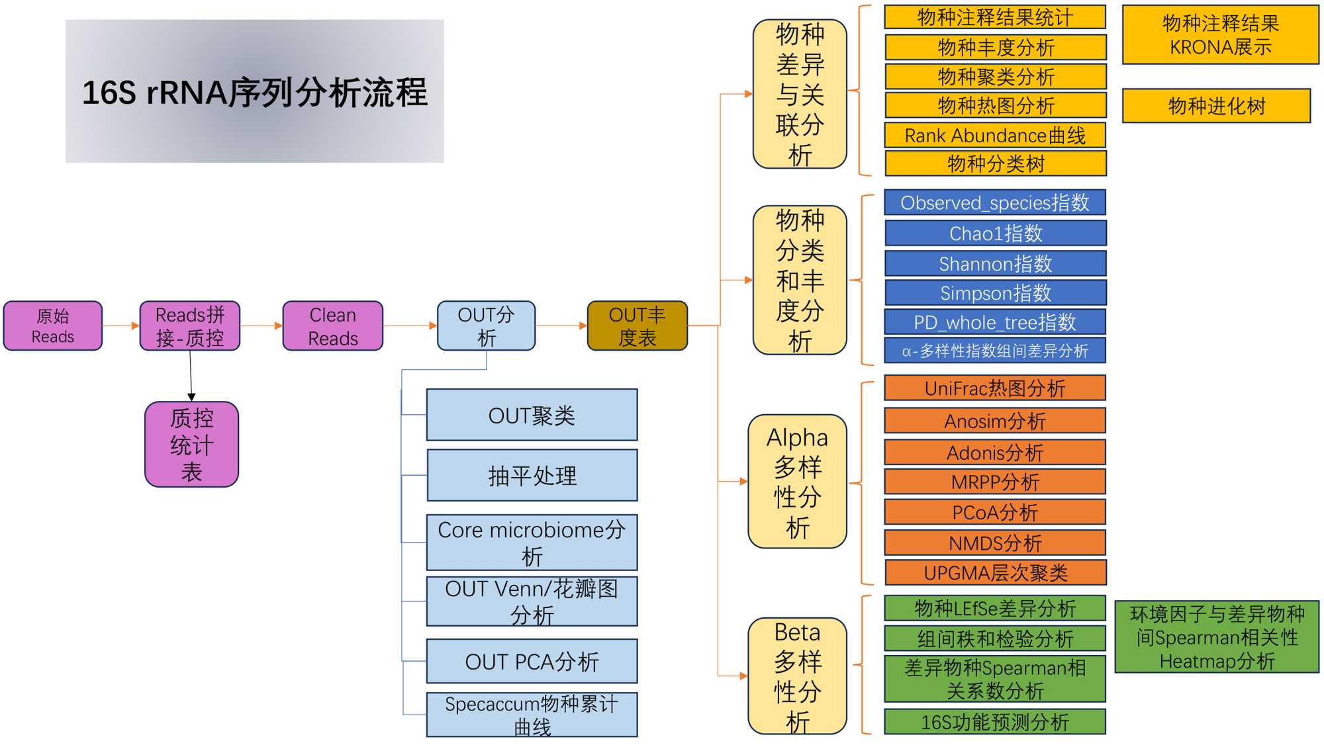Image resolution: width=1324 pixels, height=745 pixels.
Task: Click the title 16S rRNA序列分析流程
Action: pos(255,92)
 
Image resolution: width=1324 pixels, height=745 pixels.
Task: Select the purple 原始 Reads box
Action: pos(53,326)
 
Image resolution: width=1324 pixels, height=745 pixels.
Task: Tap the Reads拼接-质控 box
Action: pos(190,326)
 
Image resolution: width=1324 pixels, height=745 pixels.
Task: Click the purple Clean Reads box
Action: pos(333,326)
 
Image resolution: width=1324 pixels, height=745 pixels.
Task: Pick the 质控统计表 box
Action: pos(192,445)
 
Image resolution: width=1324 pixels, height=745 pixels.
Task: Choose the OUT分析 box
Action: pos(487,326)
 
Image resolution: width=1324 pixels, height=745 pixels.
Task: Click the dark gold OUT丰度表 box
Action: pos(638,326)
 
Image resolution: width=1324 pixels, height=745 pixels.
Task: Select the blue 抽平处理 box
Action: pos(532,476)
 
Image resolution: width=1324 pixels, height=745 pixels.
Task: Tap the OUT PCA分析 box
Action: pos(532,661)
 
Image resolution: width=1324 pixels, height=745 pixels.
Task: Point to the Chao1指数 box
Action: pos(995,233)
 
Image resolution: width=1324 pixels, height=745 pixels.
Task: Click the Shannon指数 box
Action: pos(995,263)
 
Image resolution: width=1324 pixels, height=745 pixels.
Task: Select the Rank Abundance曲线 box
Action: pos(995,136)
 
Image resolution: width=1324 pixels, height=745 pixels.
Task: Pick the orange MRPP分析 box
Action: pos(995,482)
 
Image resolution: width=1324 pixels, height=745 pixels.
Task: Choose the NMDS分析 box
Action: pos(995,543)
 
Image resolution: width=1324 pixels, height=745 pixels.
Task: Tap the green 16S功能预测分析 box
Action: pos(995,721)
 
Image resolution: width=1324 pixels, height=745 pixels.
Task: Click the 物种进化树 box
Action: pos(1217,106)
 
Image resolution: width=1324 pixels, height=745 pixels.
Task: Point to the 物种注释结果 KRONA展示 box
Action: pos(1221,35)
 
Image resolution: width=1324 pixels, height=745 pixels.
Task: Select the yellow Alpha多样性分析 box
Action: pos(798,482)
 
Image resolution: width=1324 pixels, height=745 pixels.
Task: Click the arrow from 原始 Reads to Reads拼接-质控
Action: pos(121,326)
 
